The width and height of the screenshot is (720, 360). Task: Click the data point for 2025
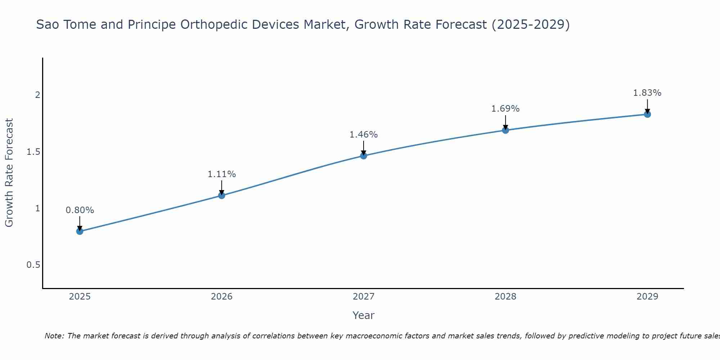coord(80,231)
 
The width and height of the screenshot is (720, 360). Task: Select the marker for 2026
coord(222,195)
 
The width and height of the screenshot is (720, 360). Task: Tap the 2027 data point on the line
coord(364,156)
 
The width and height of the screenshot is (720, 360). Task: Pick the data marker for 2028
coord(505,130)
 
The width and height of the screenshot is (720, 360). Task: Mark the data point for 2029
coord(647,114)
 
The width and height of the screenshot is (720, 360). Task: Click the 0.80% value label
coord(80,210)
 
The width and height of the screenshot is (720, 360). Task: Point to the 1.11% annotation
coord(222,174)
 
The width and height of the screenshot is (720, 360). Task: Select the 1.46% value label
coord(364,135)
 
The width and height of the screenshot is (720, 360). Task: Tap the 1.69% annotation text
coord(505,109)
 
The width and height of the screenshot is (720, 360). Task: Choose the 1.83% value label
coord(647,93)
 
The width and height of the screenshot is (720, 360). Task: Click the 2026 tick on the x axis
coord(222,297)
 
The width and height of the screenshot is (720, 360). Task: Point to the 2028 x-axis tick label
coord(505,297)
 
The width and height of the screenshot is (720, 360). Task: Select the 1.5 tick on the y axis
coord(33,152)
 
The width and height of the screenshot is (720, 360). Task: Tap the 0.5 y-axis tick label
coord(33,265)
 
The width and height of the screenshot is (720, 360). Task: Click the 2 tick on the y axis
coord(37,95)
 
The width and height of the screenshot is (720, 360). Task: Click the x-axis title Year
coord(364,315)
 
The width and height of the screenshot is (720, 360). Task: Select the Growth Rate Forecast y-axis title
coord(9,173)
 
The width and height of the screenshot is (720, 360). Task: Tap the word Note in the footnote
coord(54,336)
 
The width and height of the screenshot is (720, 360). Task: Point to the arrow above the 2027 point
coord(364,147)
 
